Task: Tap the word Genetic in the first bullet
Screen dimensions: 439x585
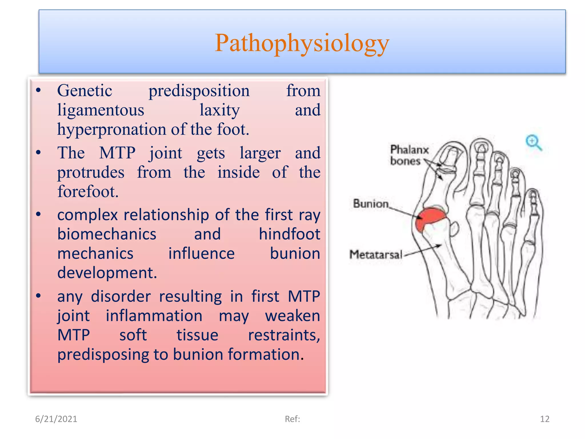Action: tap(85, 91)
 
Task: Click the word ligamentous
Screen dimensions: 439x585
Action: tap(101, 110)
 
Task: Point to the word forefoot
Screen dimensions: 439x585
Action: tap(87, 191)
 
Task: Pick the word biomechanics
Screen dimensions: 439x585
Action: tap(107, 234)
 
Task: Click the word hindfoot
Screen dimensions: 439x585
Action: tap(289, 234)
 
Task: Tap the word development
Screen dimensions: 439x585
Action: tap(107, 273)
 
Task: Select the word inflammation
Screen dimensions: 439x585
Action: tap(154, 316)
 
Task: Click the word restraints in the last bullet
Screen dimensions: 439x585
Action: tap(284, 335)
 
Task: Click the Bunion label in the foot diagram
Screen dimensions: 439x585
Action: tap(370, 204)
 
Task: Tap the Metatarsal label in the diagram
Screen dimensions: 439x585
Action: tap(376, 254)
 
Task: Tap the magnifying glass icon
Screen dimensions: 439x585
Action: tap(533, 142)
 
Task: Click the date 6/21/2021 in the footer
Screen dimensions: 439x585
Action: tap(56, 419)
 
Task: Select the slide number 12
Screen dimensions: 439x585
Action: tap(544, 419)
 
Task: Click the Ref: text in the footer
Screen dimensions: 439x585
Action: tap(292, 419)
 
